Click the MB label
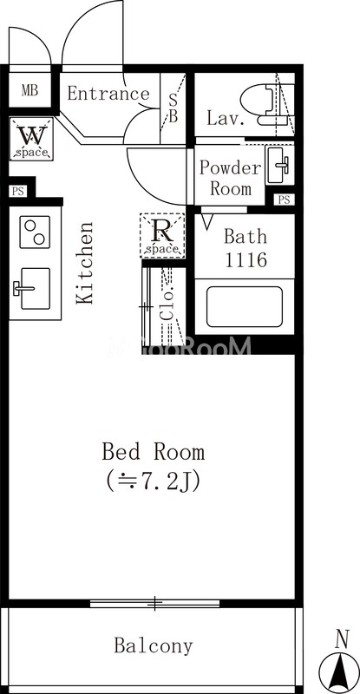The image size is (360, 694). coord(30,91)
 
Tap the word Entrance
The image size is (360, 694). coord(108,94)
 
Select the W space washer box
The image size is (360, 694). coord(31,140)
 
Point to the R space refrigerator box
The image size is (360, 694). coord(162,235)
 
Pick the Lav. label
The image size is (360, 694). coord(226,118)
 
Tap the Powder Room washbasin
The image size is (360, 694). coord(279,165)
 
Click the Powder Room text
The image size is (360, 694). coord(230,178)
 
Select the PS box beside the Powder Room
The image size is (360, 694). coord(284,200)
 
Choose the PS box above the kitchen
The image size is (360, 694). coord(17,192)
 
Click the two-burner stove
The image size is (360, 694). coord(35,232)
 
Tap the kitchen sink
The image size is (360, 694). coord(33,289)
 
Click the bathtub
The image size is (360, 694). coord(245,307)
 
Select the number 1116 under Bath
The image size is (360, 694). coord(246,259)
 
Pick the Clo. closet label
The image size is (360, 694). coord(167,305)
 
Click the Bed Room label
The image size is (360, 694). coord(154,452)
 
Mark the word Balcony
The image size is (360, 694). coord(154,645)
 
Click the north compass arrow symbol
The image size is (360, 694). coord(340,667)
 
